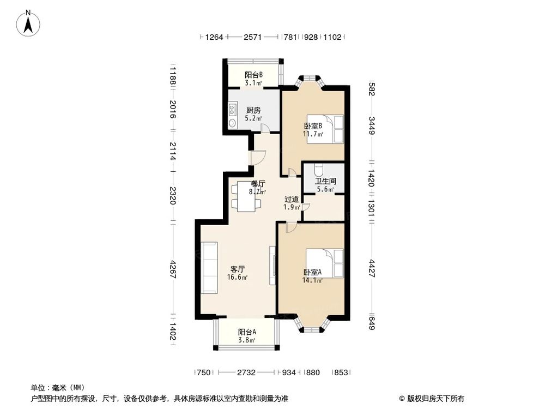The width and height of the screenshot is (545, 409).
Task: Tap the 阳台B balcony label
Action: [253, 75]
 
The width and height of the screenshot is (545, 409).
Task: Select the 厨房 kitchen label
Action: [253, 110]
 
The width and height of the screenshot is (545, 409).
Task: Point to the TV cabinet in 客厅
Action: [272, 266]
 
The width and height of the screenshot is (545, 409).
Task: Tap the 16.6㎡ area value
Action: [237, 277]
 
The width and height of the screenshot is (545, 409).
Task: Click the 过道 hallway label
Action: [292, 199]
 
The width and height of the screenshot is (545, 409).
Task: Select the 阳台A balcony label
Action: [247, 332]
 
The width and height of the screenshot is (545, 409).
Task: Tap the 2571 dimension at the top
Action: [253, 37]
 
